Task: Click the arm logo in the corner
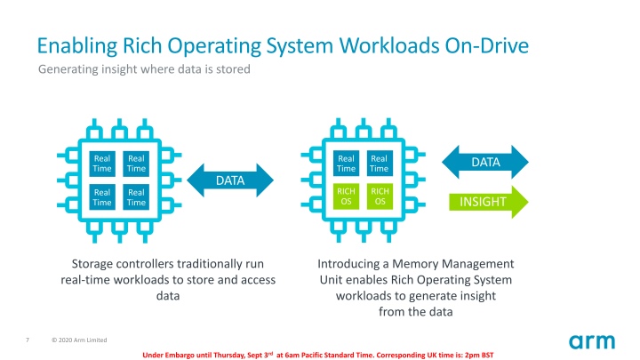coord(592,340)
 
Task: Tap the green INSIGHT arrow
coord(484,201)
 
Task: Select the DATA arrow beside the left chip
coord(230,181)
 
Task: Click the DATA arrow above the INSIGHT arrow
coord(485,162)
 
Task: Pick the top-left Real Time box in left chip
coord(102,163)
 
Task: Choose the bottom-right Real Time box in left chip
coord(136,196)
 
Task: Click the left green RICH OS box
coord(346,196)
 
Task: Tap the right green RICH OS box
coord(380,196)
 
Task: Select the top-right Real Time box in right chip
coord(380,163)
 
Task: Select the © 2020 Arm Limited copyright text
coord(79,340)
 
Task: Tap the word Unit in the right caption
coord(332,280)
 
